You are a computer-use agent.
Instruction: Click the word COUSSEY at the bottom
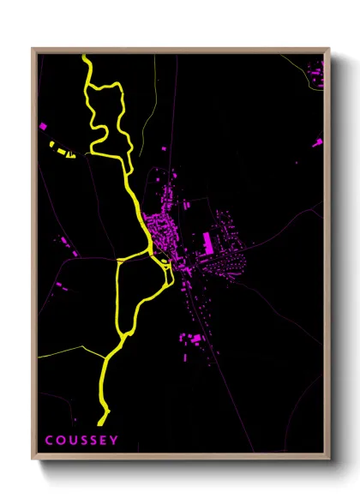(81, 441)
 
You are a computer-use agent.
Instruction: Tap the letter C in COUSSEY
(49, 441)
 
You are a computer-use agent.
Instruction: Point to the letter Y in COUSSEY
(115, 441)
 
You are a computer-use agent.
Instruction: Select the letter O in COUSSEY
(60, 441)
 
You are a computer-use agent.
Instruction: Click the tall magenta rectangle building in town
(207, 241)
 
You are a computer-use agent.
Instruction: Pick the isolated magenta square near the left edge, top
(43, 126)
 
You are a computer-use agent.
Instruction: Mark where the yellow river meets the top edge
(85, 57)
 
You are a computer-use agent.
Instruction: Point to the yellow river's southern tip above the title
(101, 422)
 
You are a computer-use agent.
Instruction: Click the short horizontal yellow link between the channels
(133, 255)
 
